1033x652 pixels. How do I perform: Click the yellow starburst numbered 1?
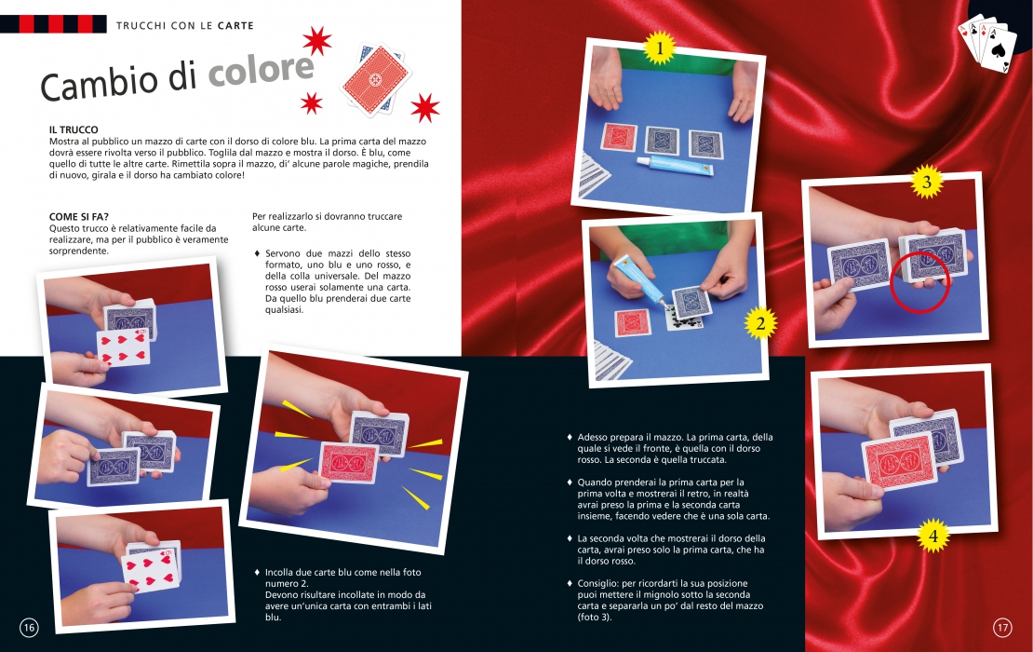click(660, 48)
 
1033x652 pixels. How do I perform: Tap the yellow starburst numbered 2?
click(761, 324)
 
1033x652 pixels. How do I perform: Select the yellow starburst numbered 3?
click(927, 182)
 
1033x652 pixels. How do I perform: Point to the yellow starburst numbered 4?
click(932, 536)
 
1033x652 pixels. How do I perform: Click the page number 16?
click(29, 628)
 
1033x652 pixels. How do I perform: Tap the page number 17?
click(1002, 628)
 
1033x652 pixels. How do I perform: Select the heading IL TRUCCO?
click(74, 129)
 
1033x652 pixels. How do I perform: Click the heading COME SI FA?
click(79, 217)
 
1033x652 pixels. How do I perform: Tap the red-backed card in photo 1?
click(619, 137)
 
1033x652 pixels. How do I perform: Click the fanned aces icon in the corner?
click(985, 43)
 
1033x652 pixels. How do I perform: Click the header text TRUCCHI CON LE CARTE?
click(184, 26)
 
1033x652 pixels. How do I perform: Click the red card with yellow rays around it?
click(348, 462)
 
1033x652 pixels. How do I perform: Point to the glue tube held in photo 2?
click(639, 281)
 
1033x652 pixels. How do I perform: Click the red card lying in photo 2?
click(633, 323)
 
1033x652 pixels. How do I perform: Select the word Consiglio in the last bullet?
click(597, 583)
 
